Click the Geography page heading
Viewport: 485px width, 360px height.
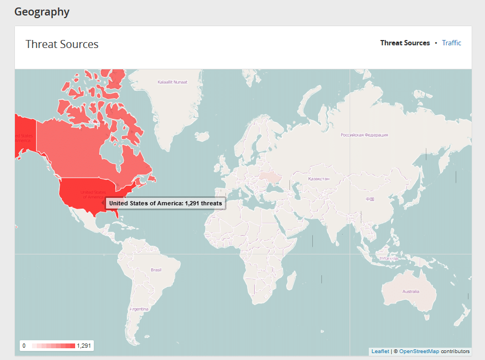[x=42, y=12]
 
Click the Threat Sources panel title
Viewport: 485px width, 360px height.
[x=62, y=44]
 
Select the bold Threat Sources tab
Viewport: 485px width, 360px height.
[x=405, y=43]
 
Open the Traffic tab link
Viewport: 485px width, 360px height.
[x=451, y=43]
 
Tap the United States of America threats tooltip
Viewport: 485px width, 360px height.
[x=165, y=203]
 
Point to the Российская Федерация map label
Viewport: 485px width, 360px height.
[x=364, y=135]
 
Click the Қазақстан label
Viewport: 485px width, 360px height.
[x=318, y=179]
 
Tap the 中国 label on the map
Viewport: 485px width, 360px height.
[x=370, y=199]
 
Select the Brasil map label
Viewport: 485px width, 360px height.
[x=156, y=270]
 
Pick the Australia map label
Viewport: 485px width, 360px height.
[x=410, y=292]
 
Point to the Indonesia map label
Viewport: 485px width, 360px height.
[x=388, y=259]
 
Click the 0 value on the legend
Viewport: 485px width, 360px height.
[x=24, y=346]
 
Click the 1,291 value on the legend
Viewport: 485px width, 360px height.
[x=84, y=346]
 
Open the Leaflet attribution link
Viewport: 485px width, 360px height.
[x=380, y=351]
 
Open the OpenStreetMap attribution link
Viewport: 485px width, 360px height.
[x=419, y=351]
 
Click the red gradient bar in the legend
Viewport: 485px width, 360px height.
[x=53, y=346]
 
